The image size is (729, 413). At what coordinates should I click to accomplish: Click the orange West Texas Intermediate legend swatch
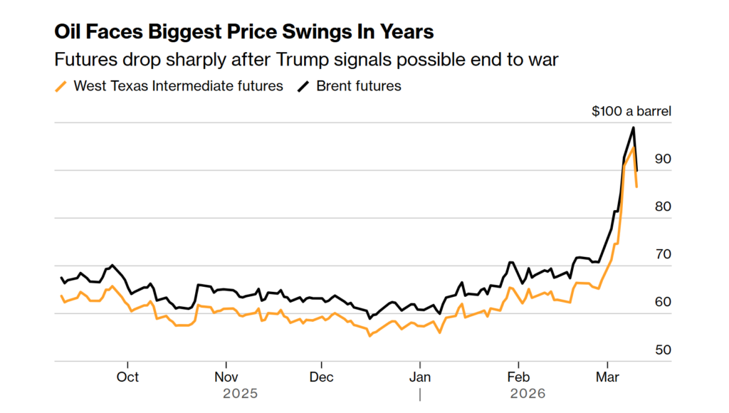click(x=62, y=86)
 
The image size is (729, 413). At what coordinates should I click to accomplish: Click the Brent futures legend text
click(x=359, y=86)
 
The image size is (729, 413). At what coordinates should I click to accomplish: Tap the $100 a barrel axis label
click(x=631, y=111)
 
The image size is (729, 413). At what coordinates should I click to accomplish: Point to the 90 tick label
click(x=663, y=159)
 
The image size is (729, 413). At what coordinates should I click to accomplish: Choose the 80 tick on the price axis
click(x=663, y=206)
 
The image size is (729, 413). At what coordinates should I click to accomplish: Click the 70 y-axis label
click(x=663, y=254)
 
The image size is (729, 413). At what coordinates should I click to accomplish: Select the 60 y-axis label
click(x=663, y=302)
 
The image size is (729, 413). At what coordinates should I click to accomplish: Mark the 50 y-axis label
click(x=663, y=350)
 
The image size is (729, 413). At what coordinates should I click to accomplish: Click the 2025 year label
click(x=240, y=393)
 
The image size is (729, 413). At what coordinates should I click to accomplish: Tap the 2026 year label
click(x=528, y=393)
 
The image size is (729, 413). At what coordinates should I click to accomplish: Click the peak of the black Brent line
click(x=634, y=127)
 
